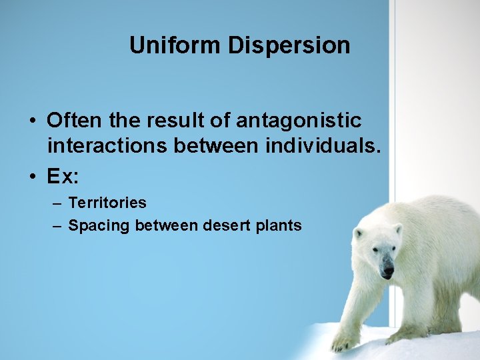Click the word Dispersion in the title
pyautogui.click(x=289, y=45)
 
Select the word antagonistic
pyautogui.click(x=299, y=121)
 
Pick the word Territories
pyautogui.click(x=107, y=202)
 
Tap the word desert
pyautogui.click(x=225, y=225)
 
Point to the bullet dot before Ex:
pyautogui.click(x=32, y=177)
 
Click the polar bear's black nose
pyautogui.click(x=387, y=273)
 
